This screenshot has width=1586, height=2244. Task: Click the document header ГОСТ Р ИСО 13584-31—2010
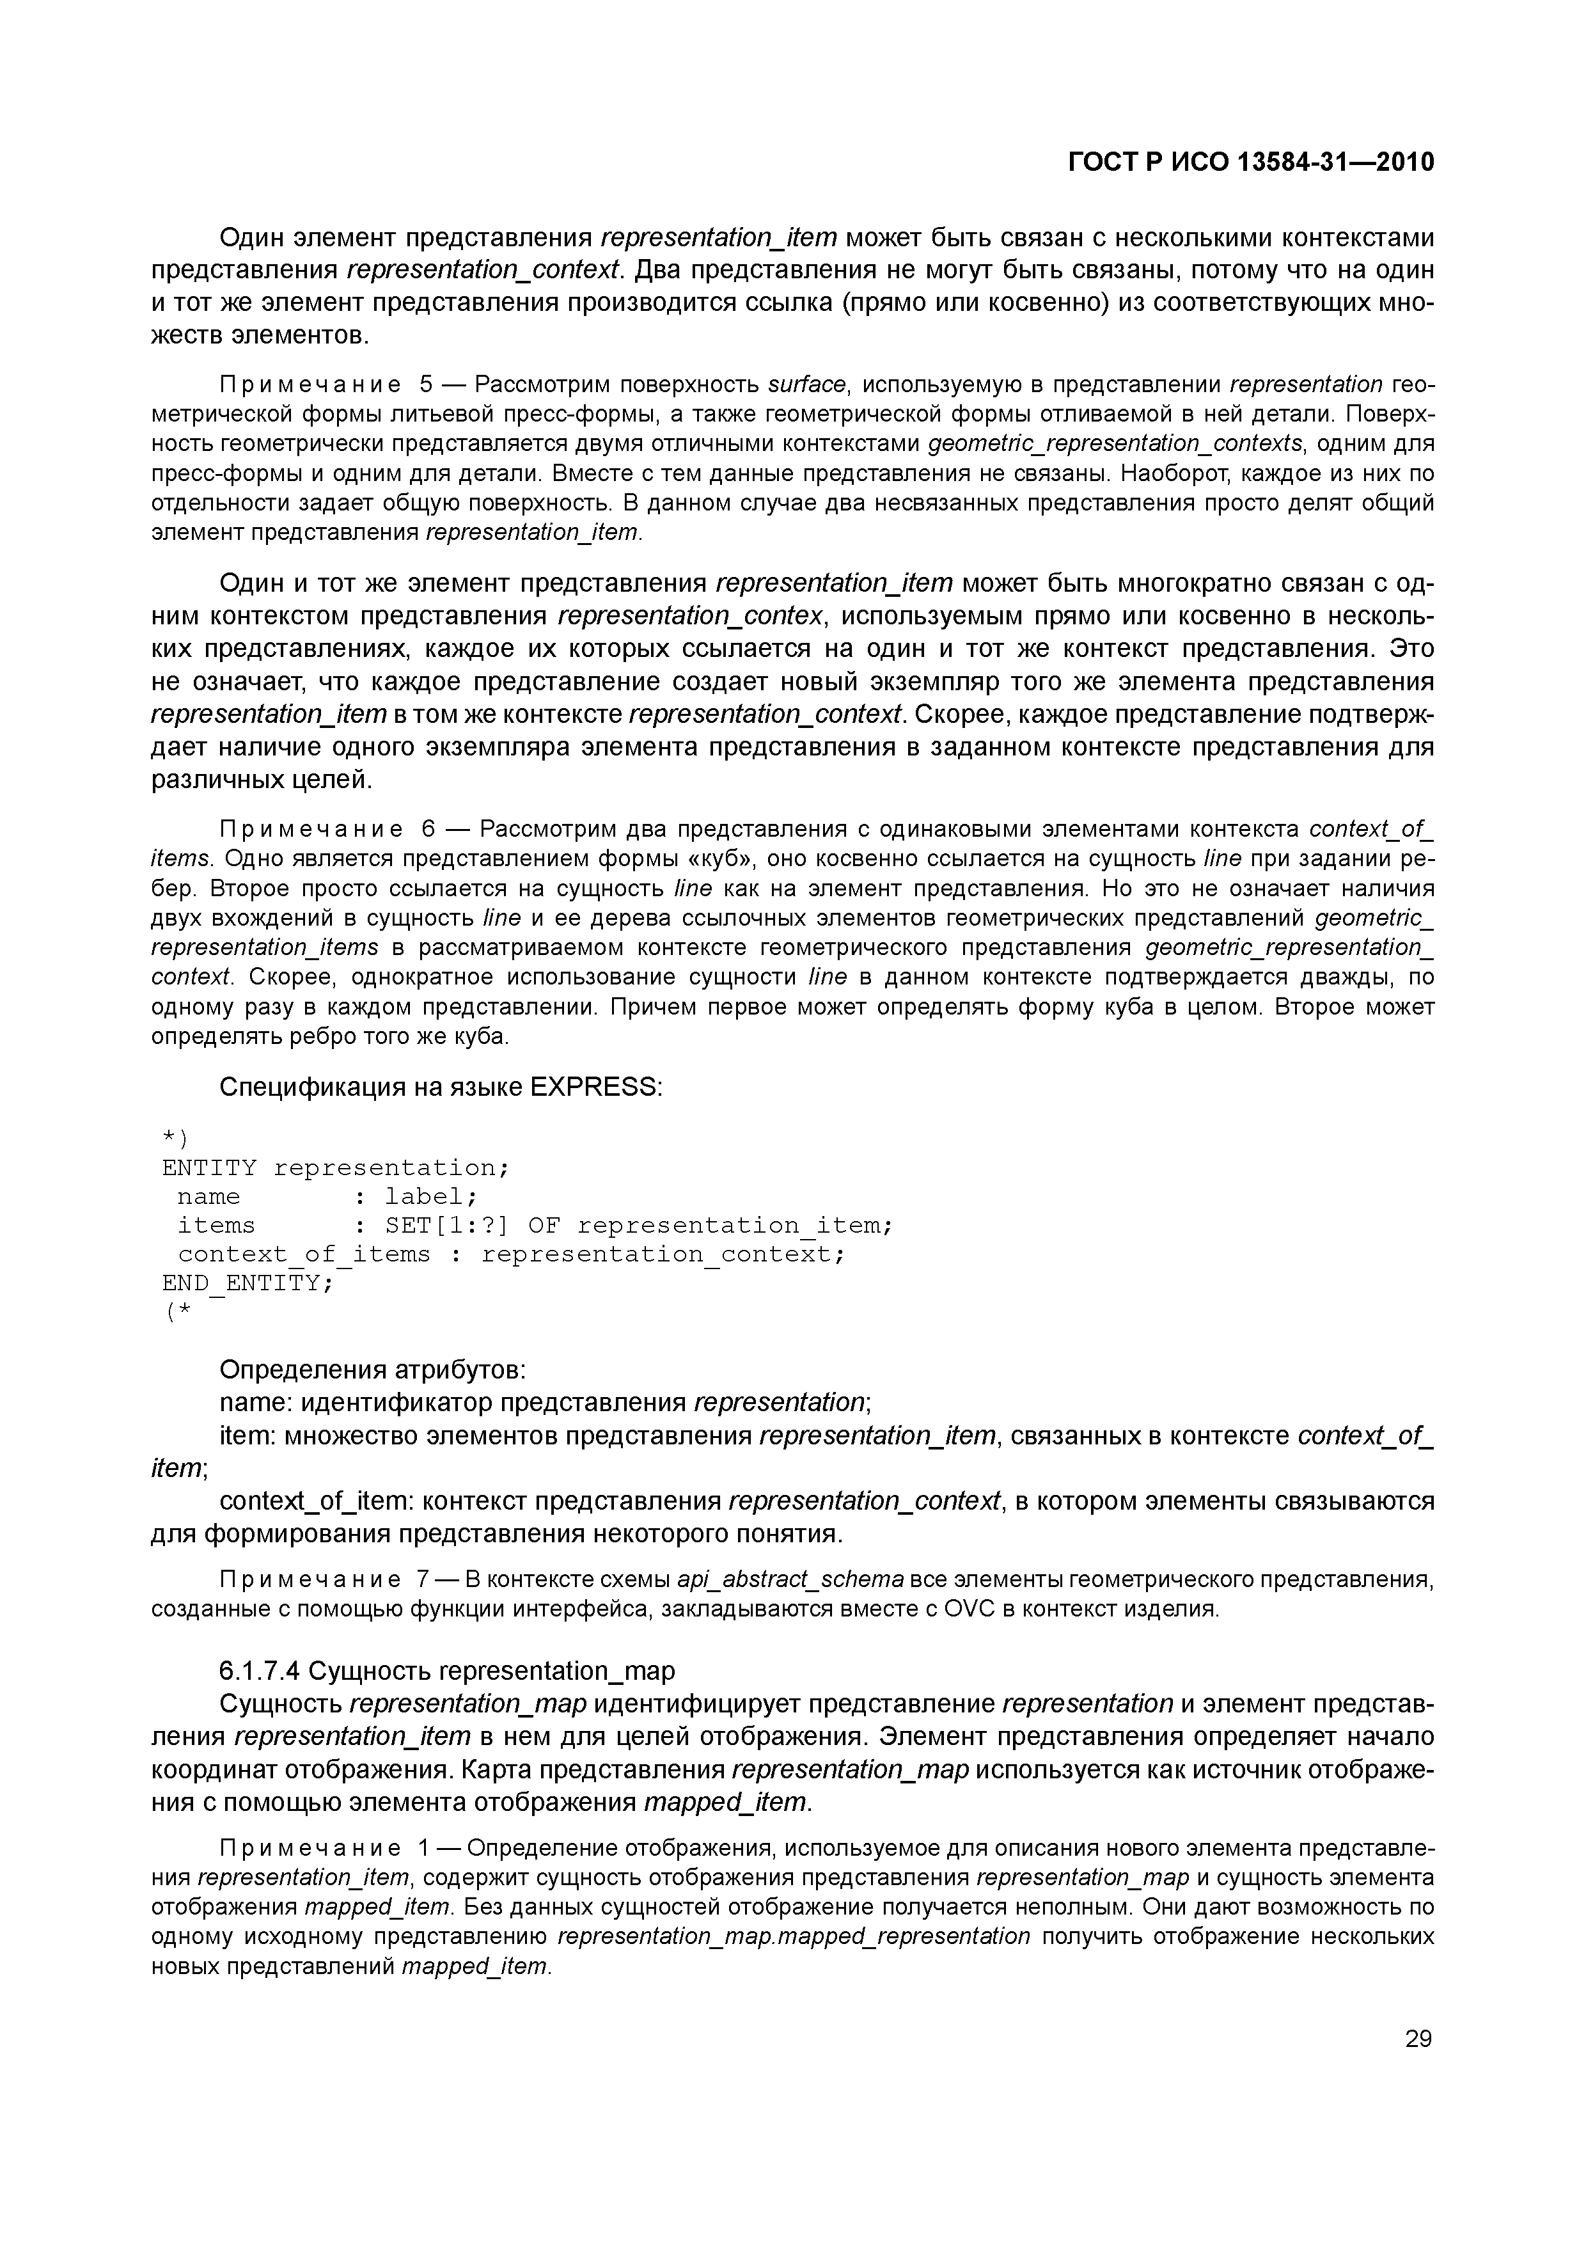tap(1251, 162)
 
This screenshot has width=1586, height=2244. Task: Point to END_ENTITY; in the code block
tap(247, 1283)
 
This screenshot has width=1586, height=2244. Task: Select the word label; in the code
tap(431, 1197)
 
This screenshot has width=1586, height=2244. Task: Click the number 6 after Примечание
tap(427, 830)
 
